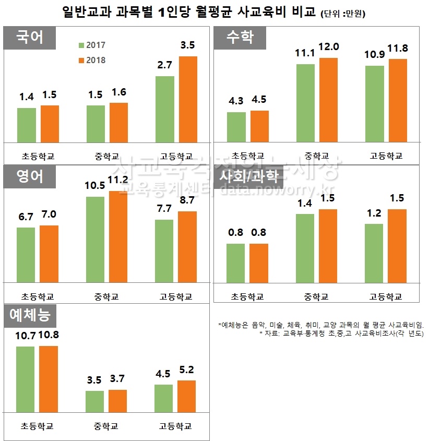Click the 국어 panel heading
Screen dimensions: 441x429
29,38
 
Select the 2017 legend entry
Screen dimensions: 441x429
92,45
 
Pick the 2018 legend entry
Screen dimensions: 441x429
92,60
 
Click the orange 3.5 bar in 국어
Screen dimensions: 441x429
188,99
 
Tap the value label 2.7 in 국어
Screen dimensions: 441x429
165,65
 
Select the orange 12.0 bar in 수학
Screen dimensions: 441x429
328,99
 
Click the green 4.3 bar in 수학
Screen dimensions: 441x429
236,127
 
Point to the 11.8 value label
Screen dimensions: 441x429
398,49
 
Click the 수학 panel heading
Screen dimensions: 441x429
240,38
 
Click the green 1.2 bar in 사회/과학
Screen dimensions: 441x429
374,253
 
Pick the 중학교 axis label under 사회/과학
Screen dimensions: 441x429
316,297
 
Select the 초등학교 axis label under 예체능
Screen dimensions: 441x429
38,426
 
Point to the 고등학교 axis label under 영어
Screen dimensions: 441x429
176,297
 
